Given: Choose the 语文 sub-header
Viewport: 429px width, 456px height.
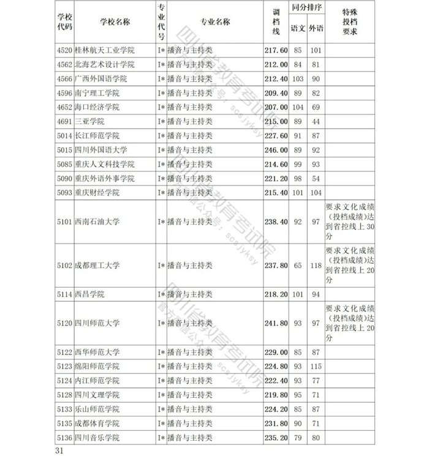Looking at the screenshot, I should pyautogui.click(x=298, y=29).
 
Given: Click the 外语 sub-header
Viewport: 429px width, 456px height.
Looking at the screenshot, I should pyautogui.click(x=316, y=29).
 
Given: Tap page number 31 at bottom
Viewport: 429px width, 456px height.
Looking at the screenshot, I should pyautogui.click(x=59, y=450).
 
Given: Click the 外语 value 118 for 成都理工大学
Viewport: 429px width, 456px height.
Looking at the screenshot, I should pyautogui.click(x=316, y=266).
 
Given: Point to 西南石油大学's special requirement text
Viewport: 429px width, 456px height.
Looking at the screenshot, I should pyautogui.click(x=349, y=222).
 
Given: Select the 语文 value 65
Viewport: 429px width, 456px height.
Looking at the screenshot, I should pyautogui.click(x=298, y=266).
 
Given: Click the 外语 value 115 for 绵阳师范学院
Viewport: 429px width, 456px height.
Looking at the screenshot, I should pyautogui.click(x=316, y=366).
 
